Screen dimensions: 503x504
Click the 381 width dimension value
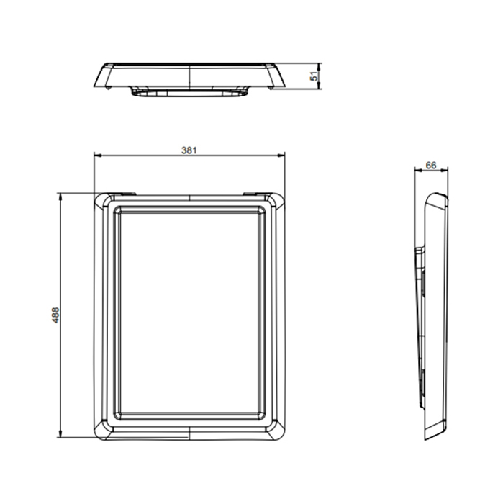click(x=189, y=150)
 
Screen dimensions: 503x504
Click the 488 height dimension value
click(x=55, y=315)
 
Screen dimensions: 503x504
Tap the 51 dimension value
click(x=314, y=76)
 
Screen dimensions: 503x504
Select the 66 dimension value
click(x=431, y=165)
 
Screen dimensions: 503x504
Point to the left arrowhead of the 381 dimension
click(x=98, y=156)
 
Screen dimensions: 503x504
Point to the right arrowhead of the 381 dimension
click(x=281, y=156)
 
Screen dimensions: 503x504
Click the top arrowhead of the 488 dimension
click(x=60, y=197)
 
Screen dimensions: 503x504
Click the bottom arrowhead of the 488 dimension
click(x=60, y=433)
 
